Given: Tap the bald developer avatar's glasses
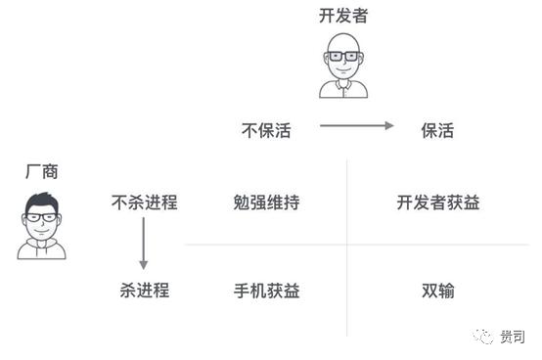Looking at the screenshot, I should tap(343, 56).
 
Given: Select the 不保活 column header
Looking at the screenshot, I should tap(266, 130).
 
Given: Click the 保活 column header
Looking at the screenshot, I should tap(437, 130).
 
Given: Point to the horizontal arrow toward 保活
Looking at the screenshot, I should tap(356, 126).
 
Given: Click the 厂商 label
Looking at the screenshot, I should tap(41, 171).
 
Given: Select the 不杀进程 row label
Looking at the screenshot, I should tap(145, 203).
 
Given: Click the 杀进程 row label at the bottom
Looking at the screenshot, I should tap(145, 291).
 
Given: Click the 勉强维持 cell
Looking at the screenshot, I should tap(266, 203).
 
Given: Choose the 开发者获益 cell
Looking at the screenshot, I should tap(437, 203).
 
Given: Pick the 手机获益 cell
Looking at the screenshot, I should tap(266, 291).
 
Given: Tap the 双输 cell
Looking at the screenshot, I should tap(437, 291).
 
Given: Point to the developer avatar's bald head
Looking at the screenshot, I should tap(343, 40).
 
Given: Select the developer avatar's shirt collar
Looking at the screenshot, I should tap(343, 86).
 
